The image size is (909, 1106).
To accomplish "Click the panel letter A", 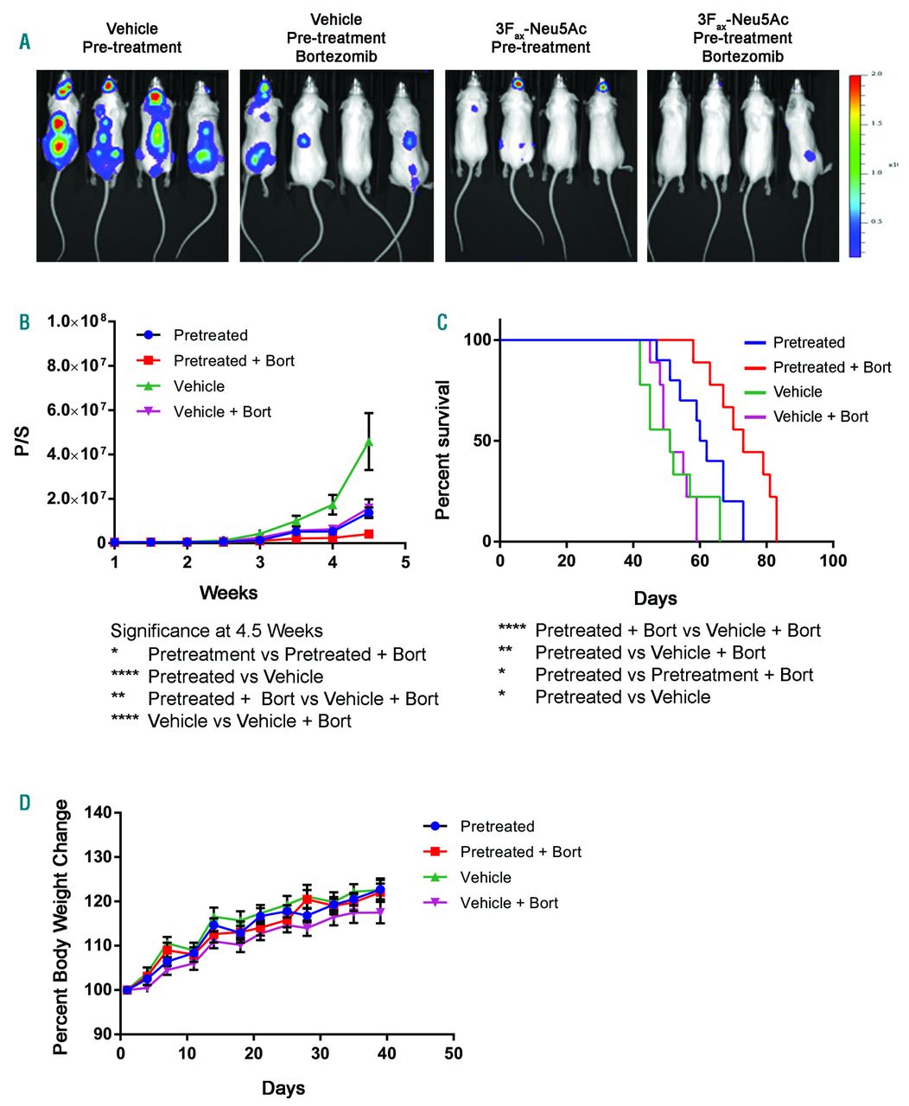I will click(24, 40).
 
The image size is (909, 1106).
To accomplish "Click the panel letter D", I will click(24, 802).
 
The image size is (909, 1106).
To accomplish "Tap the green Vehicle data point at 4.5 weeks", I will click(369, 442).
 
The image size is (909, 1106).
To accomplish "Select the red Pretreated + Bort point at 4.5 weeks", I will click(369, 534).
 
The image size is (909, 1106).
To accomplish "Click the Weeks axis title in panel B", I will click(228, 593).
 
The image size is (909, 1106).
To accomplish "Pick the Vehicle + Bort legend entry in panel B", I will click(222, 412).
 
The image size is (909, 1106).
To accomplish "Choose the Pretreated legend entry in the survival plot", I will click(808, 342).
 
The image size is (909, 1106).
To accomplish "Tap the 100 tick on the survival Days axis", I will click(833, 561).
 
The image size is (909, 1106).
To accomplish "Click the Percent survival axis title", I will click(443, 449).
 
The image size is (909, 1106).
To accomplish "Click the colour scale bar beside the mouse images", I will click(855, 165).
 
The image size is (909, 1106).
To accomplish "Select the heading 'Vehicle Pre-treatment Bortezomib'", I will click(336, 38).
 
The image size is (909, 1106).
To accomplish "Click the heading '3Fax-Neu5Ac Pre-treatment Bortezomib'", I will click(742, 38).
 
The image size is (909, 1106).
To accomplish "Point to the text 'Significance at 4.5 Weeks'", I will click(217, 631).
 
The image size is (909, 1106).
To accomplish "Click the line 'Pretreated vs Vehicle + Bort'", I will click(650, 652).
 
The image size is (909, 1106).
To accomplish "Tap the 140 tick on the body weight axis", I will click(101, 813).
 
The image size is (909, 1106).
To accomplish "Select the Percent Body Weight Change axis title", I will click(60, 927).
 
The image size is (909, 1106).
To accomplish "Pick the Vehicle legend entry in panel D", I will click(486, 878).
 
